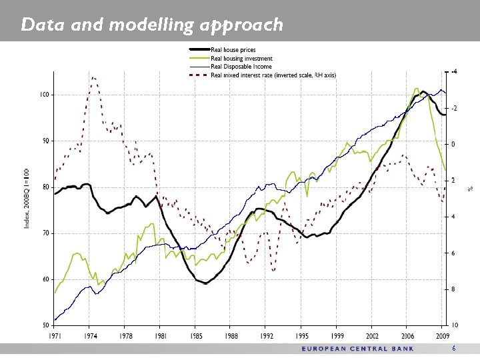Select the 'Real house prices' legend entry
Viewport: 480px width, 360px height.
pos(233,50)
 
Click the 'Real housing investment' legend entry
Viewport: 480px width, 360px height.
pos(241,59)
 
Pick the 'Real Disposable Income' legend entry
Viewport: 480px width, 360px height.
pos(241,67)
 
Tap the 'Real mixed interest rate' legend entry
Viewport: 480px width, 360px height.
pos(273,75)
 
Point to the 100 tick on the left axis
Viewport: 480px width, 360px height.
pos(44,95)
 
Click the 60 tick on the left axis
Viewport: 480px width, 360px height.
pos(45,279)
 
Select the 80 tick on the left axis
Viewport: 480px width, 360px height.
pos(45,187)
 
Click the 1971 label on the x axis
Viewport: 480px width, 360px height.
pos(55,337)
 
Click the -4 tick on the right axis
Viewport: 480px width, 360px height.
pos(454,71)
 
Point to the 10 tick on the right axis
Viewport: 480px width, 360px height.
pos(455,325)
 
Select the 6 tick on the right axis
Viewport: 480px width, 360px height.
pos(454,253)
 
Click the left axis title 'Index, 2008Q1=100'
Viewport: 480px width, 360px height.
pos(27,198)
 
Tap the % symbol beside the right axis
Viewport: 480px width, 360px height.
pos(469,189)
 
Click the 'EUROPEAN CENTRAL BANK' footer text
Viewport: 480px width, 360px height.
pos(357,349)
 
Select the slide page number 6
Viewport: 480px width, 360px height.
pos(454,349)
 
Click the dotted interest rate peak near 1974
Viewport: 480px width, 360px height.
pos(93,78)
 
